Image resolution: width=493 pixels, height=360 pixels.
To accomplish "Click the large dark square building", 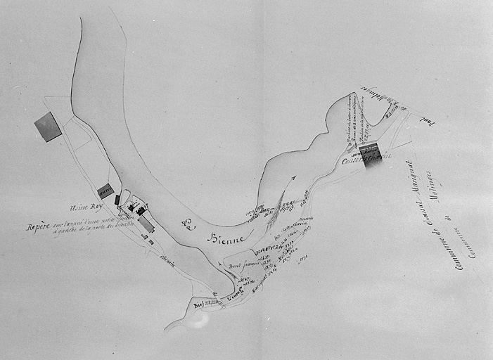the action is (48, 127).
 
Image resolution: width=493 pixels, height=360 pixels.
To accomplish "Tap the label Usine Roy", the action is (86, 207).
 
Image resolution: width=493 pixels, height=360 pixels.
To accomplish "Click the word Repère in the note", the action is (38, 227).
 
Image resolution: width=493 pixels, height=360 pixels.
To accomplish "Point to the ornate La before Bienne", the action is (188, 226).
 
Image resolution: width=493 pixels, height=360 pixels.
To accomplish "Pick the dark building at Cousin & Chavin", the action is (369, 151).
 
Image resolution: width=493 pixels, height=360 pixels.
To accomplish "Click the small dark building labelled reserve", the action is (105, 191).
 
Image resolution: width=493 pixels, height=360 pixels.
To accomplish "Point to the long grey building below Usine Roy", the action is (146, 224).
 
